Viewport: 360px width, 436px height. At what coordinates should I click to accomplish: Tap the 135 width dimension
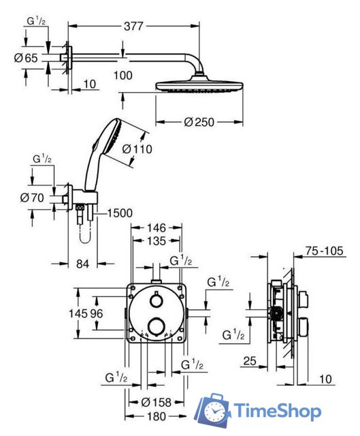coord(157,241)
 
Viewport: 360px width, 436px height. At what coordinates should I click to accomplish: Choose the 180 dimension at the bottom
coord(156,416)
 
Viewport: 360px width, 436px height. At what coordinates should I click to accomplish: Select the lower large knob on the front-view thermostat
coord(156,327)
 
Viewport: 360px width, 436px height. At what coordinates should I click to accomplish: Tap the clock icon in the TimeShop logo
coord(216,412)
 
